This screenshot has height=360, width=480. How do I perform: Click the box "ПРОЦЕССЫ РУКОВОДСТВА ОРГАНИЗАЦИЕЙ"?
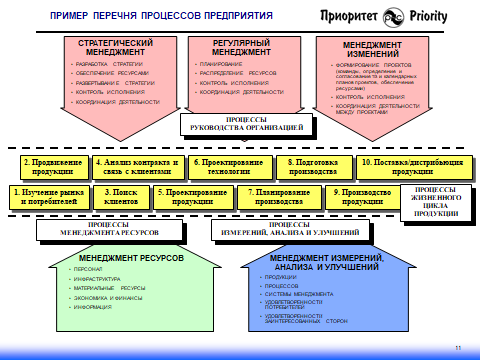point(246,123)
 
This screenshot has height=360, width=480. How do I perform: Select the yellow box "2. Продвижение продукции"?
point(52,166)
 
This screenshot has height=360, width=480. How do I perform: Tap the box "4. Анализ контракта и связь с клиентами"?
point(135,166)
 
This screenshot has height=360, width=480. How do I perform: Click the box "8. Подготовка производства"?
point(314,166)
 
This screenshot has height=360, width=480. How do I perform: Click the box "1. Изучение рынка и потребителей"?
point(44,196)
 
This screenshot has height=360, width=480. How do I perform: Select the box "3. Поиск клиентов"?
point(121,196)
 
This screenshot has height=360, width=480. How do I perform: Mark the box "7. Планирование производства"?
point(275,196)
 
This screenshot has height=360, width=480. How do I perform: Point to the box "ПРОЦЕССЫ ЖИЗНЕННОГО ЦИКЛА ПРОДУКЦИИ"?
point(436,200)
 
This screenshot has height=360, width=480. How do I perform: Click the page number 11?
point(457,347)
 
